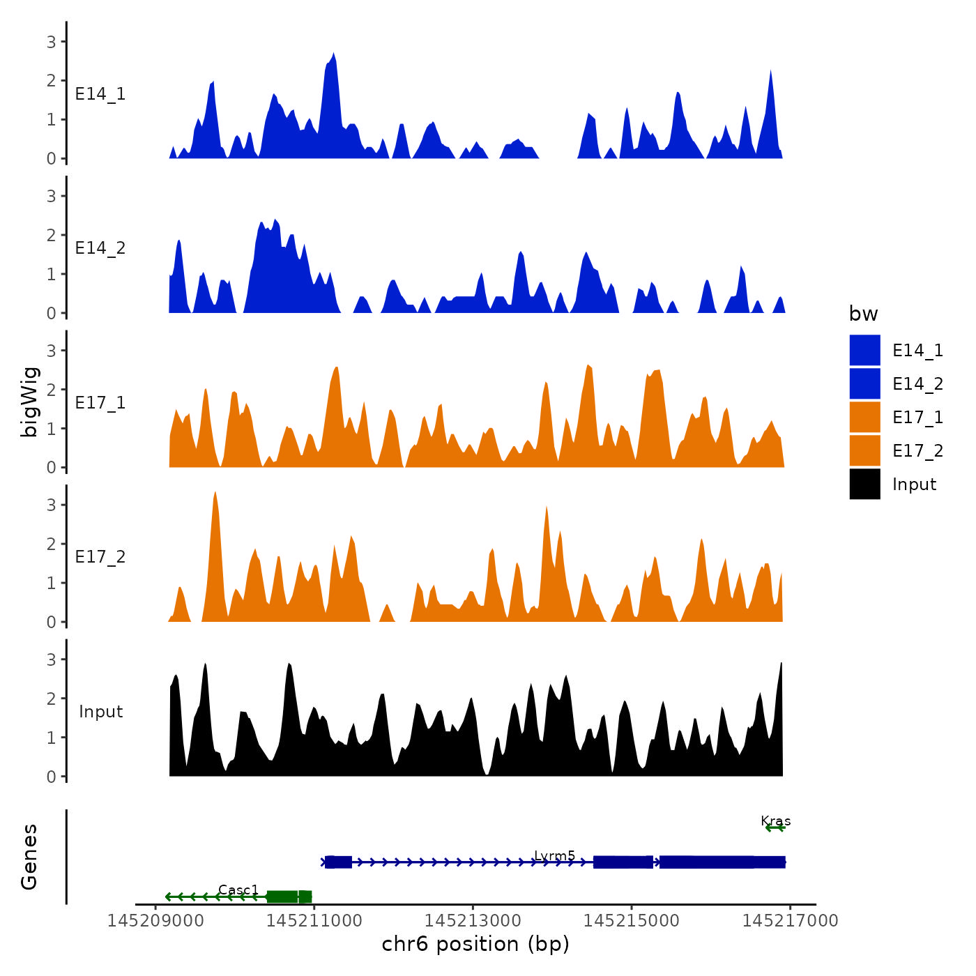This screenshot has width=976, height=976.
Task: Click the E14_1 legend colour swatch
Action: (x=864, y=350)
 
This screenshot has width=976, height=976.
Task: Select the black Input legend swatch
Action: (x=864, y=484)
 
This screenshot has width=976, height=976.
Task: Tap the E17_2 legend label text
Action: (x=917, y=451)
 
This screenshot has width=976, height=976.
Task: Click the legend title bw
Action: (x=863, y=314)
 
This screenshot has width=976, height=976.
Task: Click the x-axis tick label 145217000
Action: (x=790, y=921)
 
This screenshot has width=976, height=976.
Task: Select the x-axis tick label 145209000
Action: (x=155, y=921)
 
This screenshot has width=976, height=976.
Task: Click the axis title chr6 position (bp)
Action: (x=475, y=944)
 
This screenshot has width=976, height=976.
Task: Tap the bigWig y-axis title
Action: (x=29, y=402)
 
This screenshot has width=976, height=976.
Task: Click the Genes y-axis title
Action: (x=29, y=857)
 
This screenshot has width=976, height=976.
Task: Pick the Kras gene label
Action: (x=775, y=821)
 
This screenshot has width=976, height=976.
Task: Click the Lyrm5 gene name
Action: (x=554, y=855)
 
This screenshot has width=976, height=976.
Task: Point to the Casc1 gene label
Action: (x=238, y=890)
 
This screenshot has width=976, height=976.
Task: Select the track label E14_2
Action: (x=100, y=248)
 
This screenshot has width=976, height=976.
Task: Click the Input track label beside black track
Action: (x=100, y=712)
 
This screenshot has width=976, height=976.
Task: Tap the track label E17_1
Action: (x=100, y=403)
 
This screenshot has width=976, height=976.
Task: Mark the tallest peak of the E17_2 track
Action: (x=215, y=493)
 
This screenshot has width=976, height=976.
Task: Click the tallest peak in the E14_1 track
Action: (x=334, y=54)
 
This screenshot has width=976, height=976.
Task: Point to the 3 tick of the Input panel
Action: (x=51, y=659)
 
